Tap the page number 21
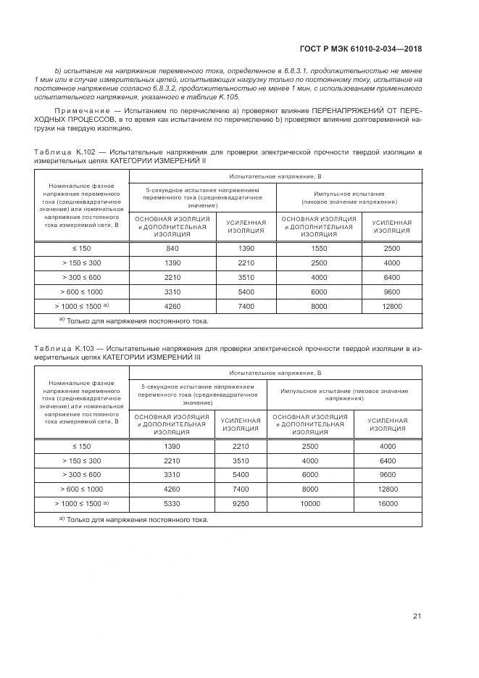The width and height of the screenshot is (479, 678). (417, 616)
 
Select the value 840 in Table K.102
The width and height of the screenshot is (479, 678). (172, 248)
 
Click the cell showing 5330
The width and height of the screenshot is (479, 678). (172, 503)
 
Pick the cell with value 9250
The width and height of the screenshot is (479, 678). (241, 503)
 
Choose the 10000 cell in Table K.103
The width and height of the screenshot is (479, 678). (310, 503)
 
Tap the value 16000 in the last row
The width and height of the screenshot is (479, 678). (388, 503)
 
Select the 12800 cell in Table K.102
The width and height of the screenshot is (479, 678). (392, 306)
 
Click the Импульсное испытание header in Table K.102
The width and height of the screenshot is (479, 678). (350, 194)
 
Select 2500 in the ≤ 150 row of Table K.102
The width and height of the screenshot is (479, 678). (392, 248)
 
